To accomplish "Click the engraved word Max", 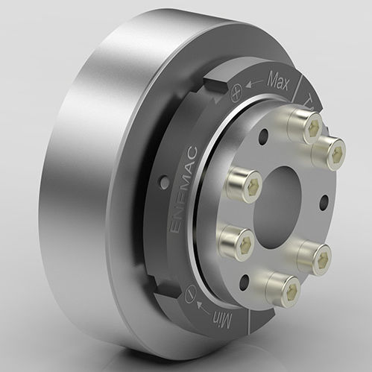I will [x=277, y=78].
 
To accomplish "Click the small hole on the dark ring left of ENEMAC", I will [x=161, y=178].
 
